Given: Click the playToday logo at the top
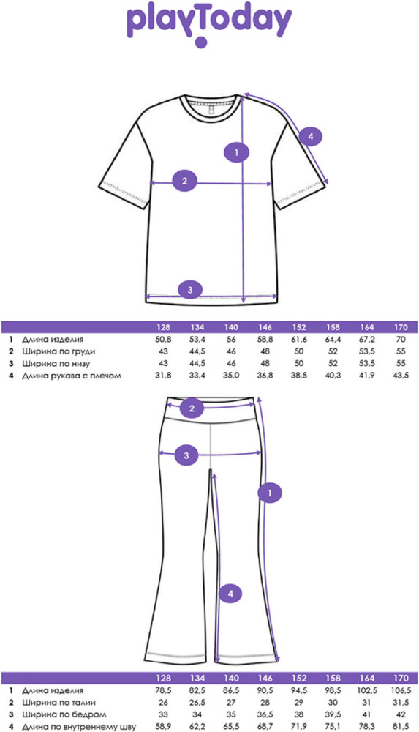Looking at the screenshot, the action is pos(209,25).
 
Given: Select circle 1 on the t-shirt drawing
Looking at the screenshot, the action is pos(237,152).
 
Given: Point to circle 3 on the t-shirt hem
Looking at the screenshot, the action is pos(190,290).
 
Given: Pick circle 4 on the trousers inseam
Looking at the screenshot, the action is pos(230,594).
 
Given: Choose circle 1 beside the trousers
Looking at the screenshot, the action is pos(270,492).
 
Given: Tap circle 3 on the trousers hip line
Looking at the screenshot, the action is pos(186,455).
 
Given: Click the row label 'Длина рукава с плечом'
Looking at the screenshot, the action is pos(72,376).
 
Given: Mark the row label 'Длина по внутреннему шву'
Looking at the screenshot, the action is pos(79,727).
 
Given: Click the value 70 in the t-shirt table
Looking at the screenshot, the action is pos(401,340).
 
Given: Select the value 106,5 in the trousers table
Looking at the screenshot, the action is pos(401,690).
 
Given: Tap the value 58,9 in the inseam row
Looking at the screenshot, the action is pos(163,727).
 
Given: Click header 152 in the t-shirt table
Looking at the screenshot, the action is pos(299,326).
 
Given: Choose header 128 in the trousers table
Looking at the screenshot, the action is pos(163,679).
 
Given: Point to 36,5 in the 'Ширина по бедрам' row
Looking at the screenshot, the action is pos(265,714).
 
